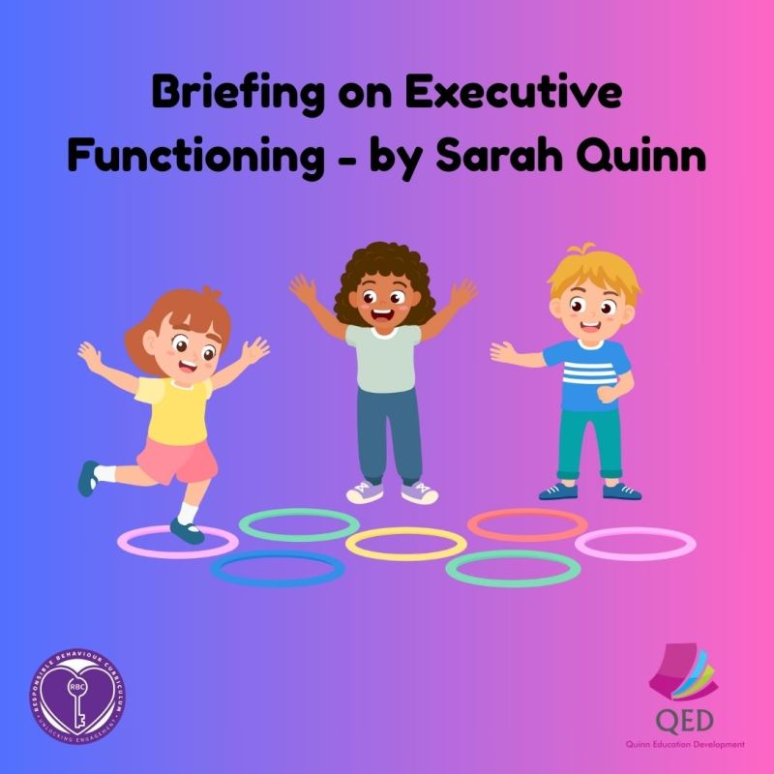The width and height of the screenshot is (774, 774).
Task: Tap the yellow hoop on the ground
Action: tap(405, 544)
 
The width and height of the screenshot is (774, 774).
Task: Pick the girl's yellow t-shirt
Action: tap(174, 406)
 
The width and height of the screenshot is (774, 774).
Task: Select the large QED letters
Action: tap(682, 720)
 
